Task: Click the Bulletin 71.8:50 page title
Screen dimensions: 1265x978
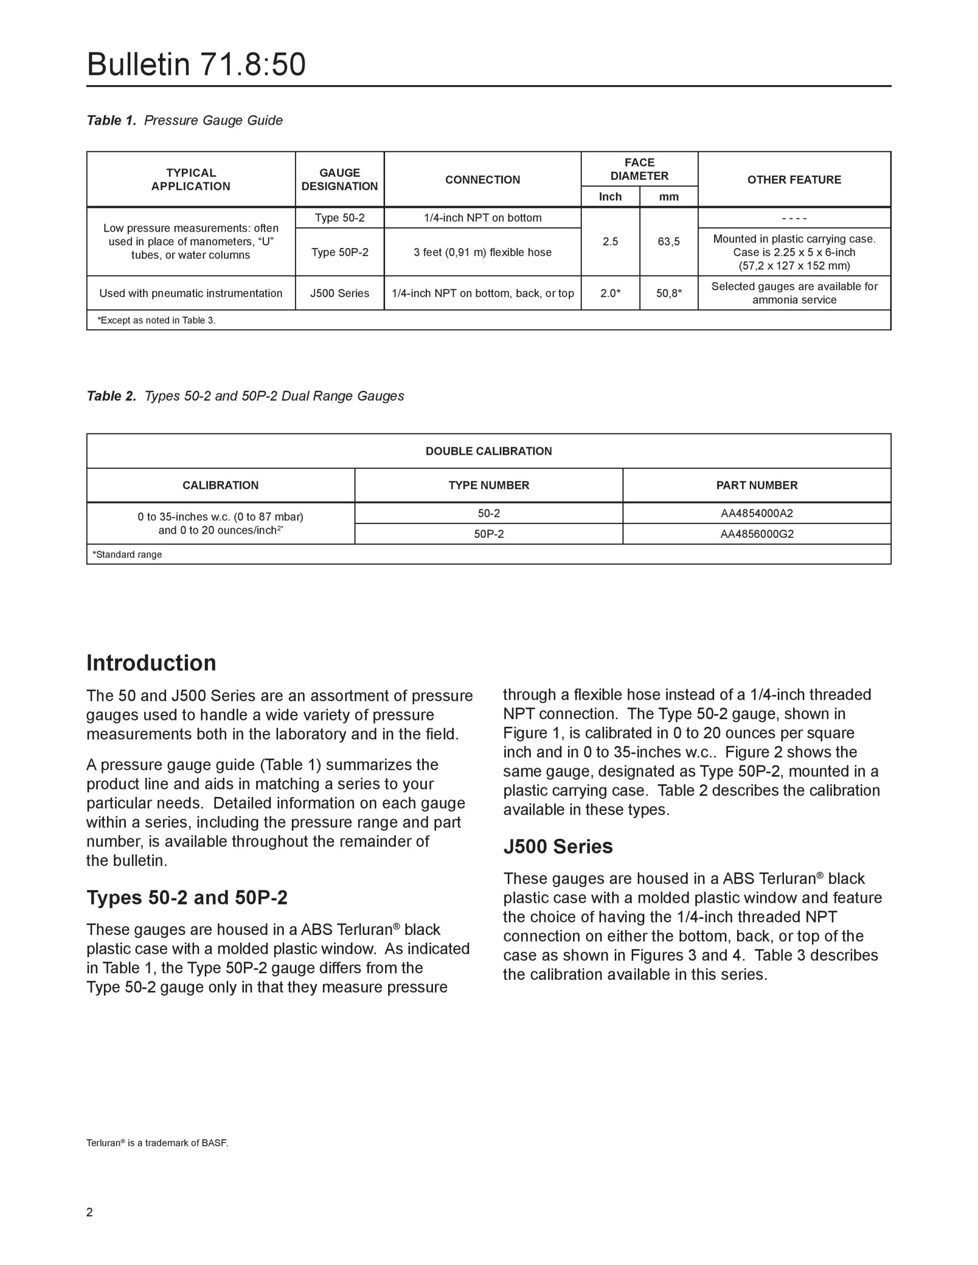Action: pos(196,64)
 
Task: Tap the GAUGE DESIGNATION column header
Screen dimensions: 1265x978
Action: pos(340,180)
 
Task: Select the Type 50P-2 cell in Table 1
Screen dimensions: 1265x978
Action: pos(340,252)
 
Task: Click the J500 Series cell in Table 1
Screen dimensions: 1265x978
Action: pos(340,293)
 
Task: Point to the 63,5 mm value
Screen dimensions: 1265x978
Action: pos(669,241)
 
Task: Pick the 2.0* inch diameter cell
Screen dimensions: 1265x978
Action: pos(610,293)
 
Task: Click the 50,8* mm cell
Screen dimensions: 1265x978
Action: pos(669,293)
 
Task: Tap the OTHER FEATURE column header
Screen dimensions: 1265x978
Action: pos(794,180)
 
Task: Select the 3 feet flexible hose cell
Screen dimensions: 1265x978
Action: pos(482,252)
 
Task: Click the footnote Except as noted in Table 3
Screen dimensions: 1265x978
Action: pos(156,320)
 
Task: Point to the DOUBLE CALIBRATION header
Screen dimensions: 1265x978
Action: pos(488,451)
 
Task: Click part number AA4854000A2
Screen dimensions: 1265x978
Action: pos(756,513)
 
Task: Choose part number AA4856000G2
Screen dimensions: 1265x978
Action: pos(756,534)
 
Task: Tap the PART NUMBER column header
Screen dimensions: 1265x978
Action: pos(756,485)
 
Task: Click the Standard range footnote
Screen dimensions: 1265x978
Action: pos(127,554)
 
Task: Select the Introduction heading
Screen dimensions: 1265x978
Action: pos(151,663)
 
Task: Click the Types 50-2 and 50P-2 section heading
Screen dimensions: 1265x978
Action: pos(187,898)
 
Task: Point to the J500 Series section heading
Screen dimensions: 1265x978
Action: pos(558,847)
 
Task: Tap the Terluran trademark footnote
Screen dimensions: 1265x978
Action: pos(157,1143)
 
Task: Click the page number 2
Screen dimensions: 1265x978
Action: pos(89,1212)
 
